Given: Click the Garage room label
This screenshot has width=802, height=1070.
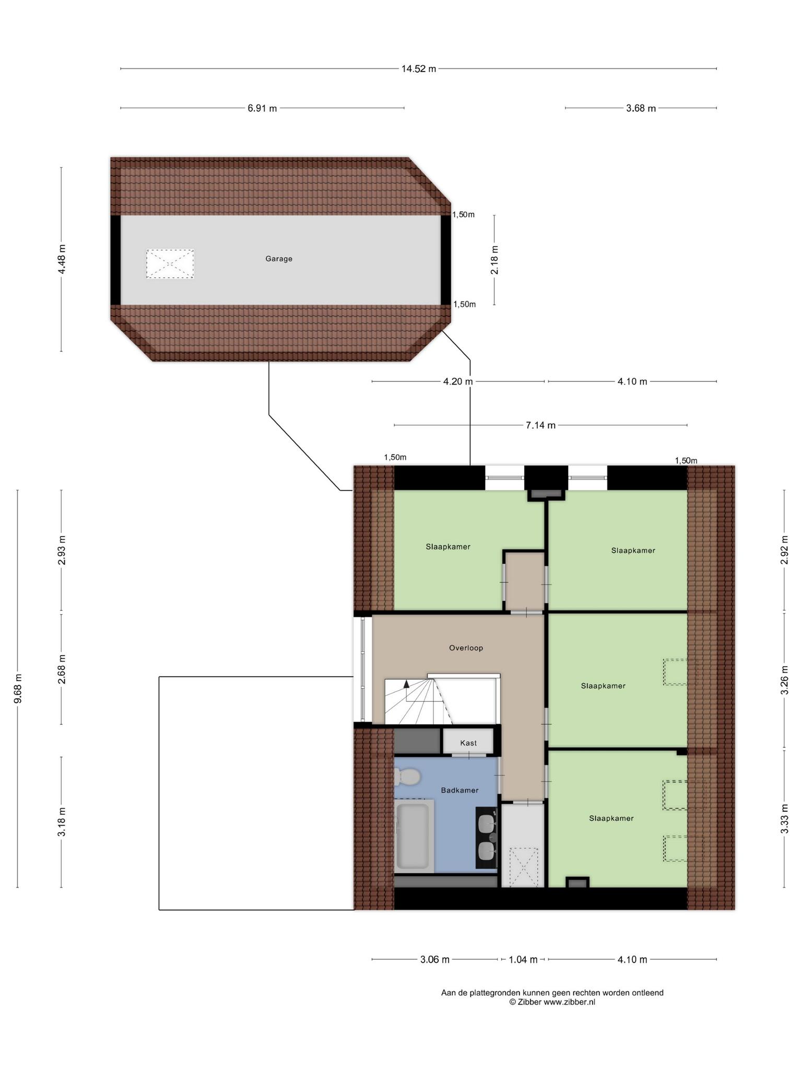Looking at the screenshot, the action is pos(279,259).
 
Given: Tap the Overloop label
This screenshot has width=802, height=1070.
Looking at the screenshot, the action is pos(466,648).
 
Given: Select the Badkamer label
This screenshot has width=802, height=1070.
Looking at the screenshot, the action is pos(459,790).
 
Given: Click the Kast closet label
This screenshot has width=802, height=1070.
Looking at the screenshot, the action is pos(468,743).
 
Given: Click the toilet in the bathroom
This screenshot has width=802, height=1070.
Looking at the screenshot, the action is pos(407,777).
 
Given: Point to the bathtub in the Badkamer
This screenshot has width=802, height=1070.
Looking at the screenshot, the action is pos(414,836).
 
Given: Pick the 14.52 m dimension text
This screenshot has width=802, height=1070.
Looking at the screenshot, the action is pos(419,69).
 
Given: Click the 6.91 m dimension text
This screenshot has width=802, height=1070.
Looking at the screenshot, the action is pos(262,108).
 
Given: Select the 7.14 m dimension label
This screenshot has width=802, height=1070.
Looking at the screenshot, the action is pos(540,425).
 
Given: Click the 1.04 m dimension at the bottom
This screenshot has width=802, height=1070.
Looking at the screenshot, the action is pos(523,959).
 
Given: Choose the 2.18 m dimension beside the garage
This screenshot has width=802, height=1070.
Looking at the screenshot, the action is pos(494,260).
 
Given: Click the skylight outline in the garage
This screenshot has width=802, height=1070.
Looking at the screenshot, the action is pos(170,264).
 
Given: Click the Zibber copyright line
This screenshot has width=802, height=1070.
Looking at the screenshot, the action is pos(552,1002).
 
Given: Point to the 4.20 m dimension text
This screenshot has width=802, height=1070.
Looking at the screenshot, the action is pos(458,381).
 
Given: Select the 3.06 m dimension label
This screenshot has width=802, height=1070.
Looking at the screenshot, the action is pos(435,959).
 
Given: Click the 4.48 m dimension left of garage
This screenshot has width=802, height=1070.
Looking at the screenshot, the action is pos(62,260).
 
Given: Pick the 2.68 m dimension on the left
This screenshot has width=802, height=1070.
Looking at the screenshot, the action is pos(62,669).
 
